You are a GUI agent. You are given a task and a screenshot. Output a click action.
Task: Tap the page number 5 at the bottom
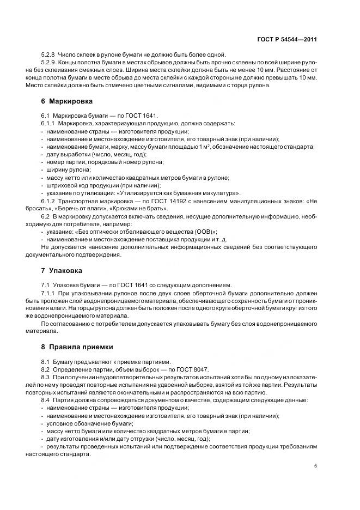(x=316, y=466)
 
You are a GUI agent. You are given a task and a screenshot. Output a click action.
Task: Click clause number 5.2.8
(x=48, y=55)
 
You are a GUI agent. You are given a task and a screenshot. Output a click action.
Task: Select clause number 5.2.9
(x=48, y=63)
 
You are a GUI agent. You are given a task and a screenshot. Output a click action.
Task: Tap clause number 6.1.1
(x=48, y=124)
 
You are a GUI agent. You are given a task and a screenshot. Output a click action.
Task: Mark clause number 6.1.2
(x=48, y=201)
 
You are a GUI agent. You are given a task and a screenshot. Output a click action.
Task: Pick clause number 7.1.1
(x=48, y=293)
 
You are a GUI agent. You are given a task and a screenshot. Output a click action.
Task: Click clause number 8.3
(x=46, y=377)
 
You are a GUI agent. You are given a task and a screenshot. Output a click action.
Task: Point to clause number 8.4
(x=46, y=400)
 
